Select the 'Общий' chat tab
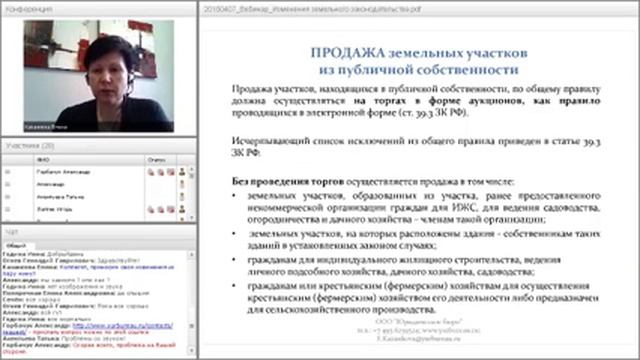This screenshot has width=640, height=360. [x=16, y=243]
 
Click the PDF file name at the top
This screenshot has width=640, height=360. [x=299, y=7]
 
